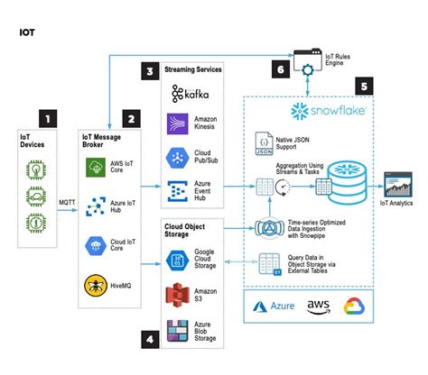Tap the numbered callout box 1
pyautogui.click(x=49, y=117)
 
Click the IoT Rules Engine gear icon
pyautogui.click(x=308, y=68)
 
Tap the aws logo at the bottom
pyautogui.click(x=317, y=306)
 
